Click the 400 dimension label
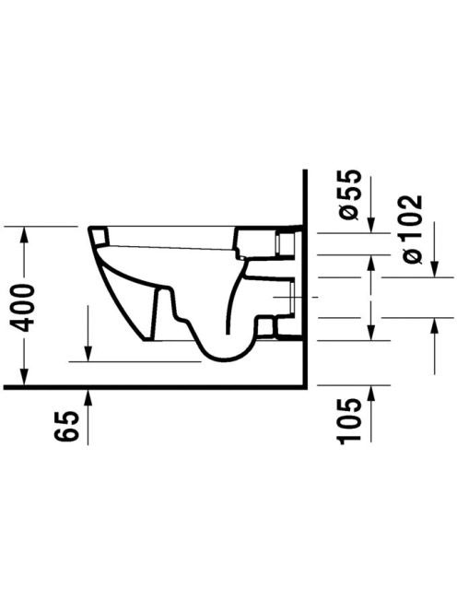(x=23, y=308)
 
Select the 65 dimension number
(x=66, y=426)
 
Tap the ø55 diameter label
(x=347, y=194)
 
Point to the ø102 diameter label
(x=411, y=229)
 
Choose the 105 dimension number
(x=348, y=421)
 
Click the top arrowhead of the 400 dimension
(x=24, y=233)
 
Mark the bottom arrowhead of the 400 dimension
(x=24, y=377)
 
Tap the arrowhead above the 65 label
(x=88, y=397)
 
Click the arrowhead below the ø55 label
(x=370, y=225)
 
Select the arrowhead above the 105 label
(x=370, y=394)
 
